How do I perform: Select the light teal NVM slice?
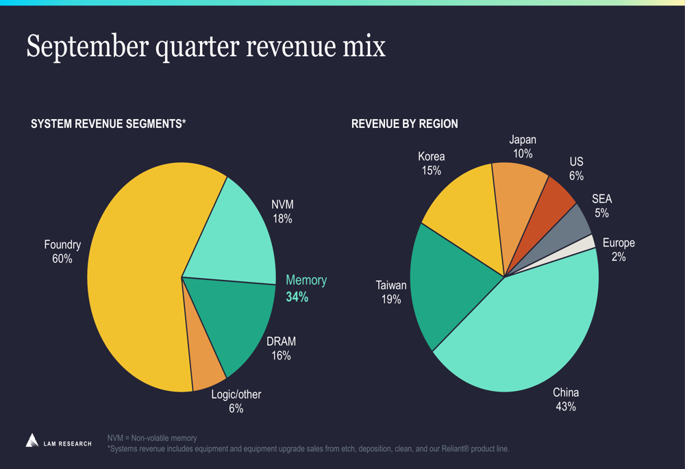point(229,233)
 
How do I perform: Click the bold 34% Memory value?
point(297,297)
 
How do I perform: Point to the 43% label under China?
point(566,407)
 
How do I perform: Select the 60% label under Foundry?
point(62,259)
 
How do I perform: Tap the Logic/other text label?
point(236,394)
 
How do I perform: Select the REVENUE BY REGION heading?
point(404,124)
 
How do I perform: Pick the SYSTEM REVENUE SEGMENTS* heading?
point(108,124)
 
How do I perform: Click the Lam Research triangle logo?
point(32,440)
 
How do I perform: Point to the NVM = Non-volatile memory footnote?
point(152,438)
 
